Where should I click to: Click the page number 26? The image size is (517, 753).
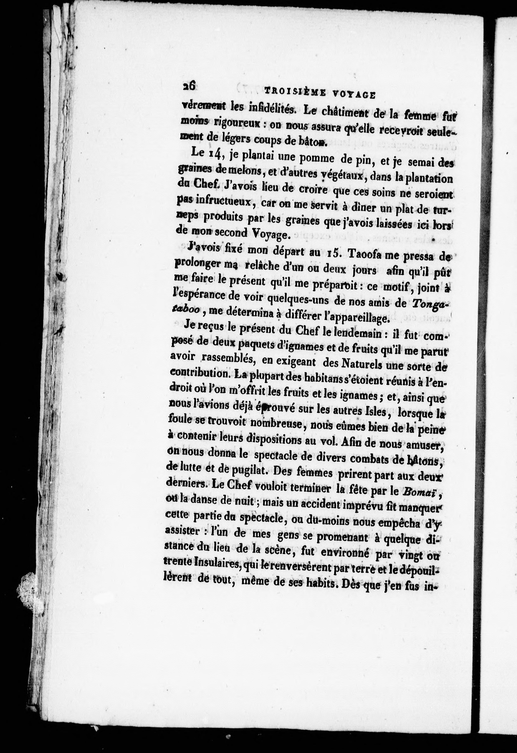point(189,86)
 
